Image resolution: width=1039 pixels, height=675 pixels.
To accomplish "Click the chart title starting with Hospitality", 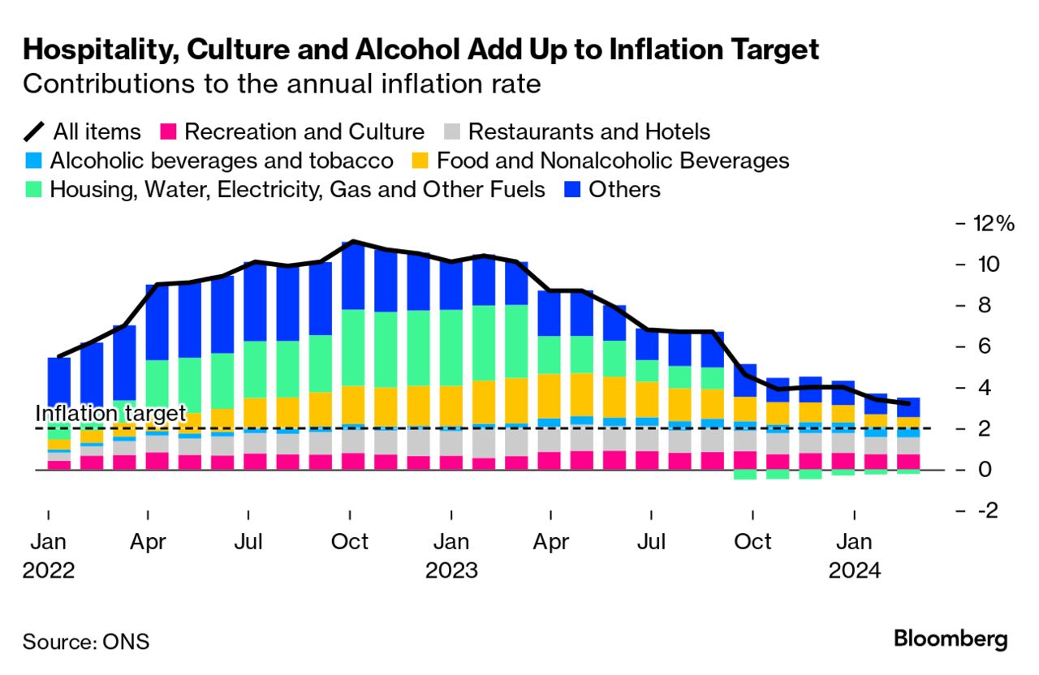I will tap(420, 50).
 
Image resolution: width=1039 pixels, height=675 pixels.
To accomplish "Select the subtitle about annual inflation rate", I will tap(282, 84).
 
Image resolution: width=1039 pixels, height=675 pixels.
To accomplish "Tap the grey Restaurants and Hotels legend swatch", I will tap(453, 131).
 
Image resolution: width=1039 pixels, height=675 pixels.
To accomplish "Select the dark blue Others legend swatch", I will tap(572, 190).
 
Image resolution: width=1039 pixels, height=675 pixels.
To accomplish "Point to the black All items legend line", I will tap(34, 131).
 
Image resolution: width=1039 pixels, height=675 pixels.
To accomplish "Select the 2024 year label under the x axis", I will tap(854, 571).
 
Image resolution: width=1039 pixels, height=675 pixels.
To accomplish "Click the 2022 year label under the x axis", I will tap(49, 571).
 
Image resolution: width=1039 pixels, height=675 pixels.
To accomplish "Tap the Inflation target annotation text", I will tap(110, 414).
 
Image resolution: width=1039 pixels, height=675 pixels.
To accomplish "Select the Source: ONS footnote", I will tap(86, 642).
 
